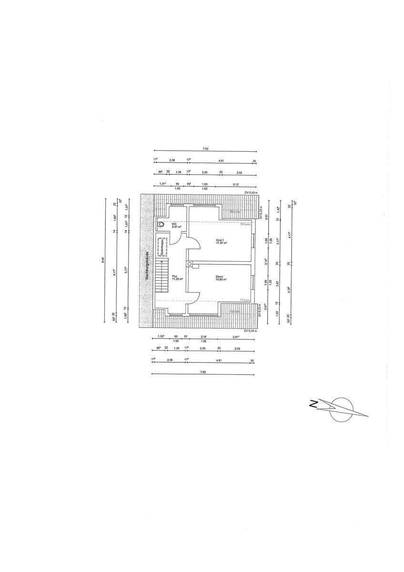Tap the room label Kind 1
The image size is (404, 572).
219,240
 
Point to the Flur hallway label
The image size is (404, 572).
174,276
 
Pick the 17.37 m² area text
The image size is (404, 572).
221,243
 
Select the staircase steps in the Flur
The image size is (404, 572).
162,276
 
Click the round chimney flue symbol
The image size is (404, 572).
190,264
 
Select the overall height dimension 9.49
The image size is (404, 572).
102,261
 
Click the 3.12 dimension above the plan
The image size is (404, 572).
235,184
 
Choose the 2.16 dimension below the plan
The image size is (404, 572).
204,337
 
